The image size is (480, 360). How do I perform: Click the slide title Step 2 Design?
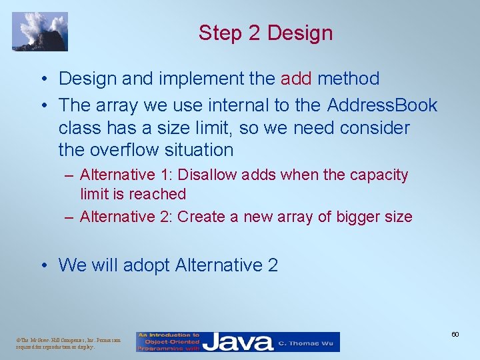click(x=265, y=33)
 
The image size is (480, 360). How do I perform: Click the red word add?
click(x=296, y=79)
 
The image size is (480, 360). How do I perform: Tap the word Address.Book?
click(x=382, y=105)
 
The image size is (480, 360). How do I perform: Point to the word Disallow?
click(x=211, y=175)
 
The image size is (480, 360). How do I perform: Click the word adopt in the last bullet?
click(x=146, y=265)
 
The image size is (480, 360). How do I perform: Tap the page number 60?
click(x=455, y=334)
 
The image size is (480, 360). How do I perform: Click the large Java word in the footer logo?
click(x=238, y=343)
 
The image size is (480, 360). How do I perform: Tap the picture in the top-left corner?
click(x=40, y=31)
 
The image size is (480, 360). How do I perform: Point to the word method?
click(x=348, y=79)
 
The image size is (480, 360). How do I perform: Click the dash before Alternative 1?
click(x=70, y=175)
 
